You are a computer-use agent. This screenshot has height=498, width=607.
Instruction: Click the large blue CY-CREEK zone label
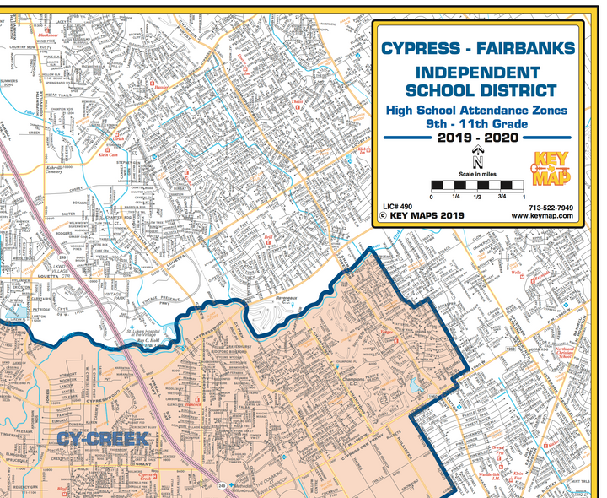pos(103,440)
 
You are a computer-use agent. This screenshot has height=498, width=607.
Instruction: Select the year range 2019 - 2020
pos(478,138)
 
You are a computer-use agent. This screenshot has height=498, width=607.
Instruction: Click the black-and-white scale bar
pos(478,184)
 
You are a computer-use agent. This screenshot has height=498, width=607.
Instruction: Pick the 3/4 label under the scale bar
pos(502,197)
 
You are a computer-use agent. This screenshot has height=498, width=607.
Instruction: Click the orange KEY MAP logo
pos(551,168)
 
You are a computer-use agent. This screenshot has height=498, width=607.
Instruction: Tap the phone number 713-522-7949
pos(551,208)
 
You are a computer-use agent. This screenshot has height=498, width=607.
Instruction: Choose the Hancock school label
pos(196,404)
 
